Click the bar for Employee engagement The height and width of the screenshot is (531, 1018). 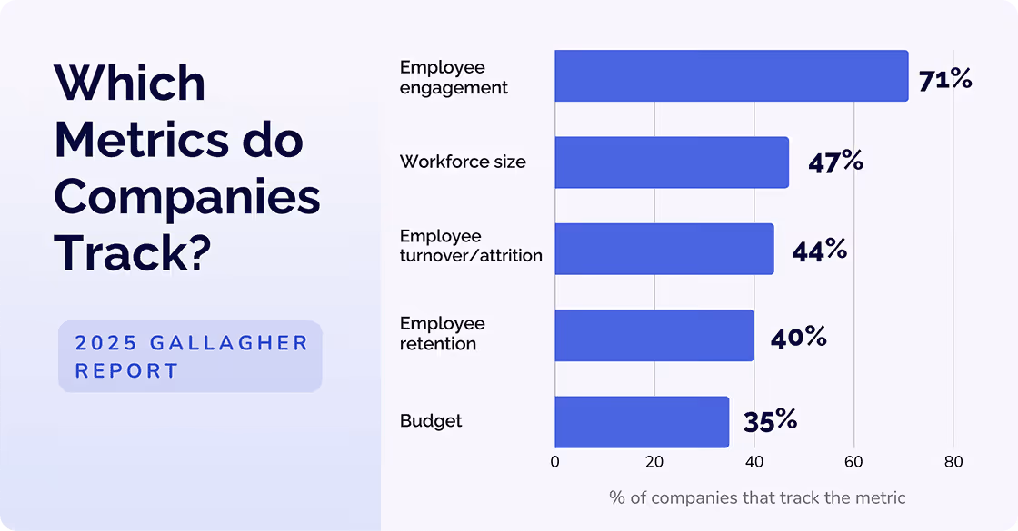tap(731, 76)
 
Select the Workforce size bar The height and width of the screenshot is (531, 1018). tap(671, 162)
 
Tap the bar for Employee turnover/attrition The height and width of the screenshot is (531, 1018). tap(664, 249)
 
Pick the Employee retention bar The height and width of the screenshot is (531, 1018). tap(654, 335)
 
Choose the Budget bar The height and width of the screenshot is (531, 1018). tap(641, 421)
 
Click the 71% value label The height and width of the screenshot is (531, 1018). tap(944, 80)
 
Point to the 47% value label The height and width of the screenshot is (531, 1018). tap(835, 162)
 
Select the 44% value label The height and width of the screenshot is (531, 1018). tap(819, 250)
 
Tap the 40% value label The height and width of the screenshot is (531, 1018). tap(798, 337)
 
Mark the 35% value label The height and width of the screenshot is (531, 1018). tap(770, 420)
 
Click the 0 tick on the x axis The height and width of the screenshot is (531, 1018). tap(555, 461)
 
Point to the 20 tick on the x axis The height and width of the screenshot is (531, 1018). tap(654, 461)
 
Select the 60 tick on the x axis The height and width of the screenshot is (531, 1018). tap(853, 461)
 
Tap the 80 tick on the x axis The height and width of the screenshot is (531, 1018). tap(953, 461)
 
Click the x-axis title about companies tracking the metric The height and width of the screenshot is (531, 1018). tap(757, 497)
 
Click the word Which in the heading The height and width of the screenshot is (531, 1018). tap(130, 84)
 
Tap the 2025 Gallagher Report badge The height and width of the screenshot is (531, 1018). tap(191, 357)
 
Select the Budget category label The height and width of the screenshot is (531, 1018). tap(431, 421)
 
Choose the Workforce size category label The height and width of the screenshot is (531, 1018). tap(463, 162)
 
